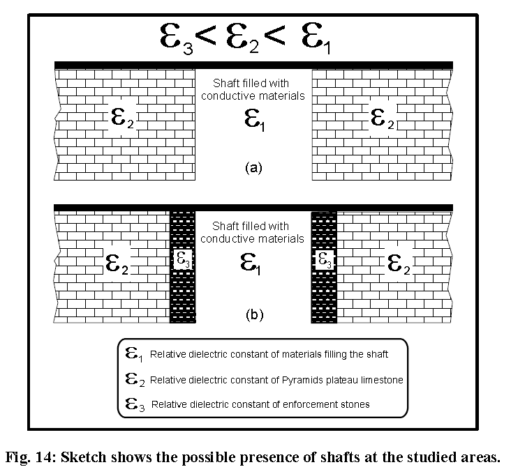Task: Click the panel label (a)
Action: pos(253,168)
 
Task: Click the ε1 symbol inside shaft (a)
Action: pos(255,120)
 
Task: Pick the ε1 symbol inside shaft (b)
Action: pos(251,264)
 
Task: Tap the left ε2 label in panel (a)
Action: pos(122,117)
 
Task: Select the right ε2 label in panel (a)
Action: pos(383,118)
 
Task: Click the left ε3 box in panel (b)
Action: pos(183,260)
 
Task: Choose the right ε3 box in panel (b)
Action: pos(325,260)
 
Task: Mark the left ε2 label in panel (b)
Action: pos(117,263)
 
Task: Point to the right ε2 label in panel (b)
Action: pos(399,264)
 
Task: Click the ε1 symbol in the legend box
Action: pos(134,354)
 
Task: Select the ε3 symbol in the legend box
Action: pos(135,404)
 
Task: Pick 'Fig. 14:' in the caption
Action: pos(31,457)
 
